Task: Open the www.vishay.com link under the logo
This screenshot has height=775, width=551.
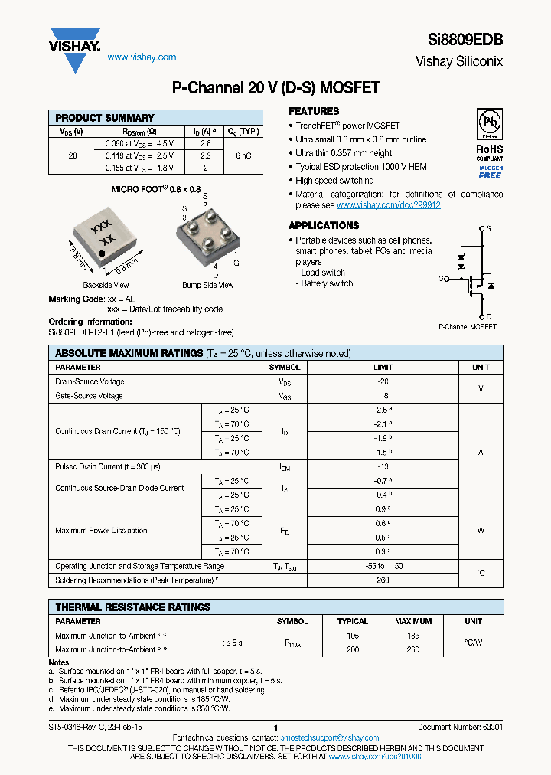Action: pyautogui.click(x=142, y=57)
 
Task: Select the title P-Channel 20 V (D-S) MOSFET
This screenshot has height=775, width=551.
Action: pyautogui.click(x=275, y=88)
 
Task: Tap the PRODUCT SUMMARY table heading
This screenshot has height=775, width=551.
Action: pyautogui.click(x=105, y=118)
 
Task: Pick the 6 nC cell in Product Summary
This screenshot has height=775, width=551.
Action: pyautogui.click(x=243, y=155)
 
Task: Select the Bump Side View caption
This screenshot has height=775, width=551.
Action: pyautogui.click(x=207, y=286)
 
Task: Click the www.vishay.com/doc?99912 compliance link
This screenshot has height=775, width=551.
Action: pyautogui.click(x=388, y=205)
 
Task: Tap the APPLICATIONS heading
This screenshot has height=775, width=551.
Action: pyautogui.click(x=324, y=225)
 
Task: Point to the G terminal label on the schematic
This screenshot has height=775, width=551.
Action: pyautogui.click(x=442, y=279)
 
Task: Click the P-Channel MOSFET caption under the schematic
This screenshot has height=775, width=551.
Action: pyautogui.click(x=467, y=326)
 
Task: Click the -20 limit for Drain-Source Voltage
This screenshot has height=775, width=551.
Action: pyautogui.click(x=383, y=381)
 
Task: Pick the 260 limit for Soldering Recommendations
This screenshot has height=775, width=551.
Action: pyautogui.click(x=383, y=580)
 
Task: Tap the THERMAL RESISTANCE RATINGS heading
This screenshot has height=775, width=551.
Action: pyautogui.click(x=133, y=607)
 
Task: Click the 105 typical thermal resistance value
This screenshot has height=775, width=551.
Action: pyautogui.click(x=352, y=636)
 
